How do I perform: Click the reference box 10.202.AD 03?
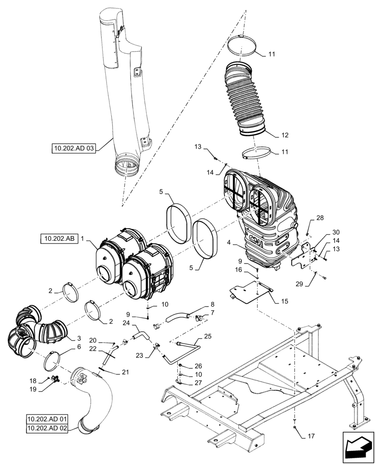point(74,149)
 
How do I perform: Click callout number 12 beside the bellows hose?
point(285,135)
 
